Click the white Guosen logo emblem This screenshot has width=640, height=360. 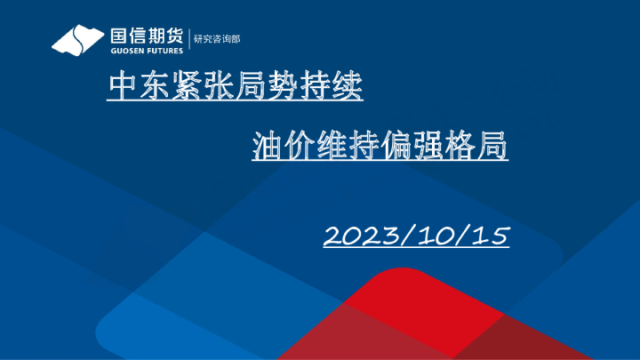(78, 40)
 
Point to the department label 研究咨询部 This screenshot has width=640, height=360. (217, 39)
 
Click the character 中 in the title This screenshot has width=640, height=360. (121, 86)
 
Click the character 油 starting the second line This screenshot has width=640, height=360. (268, 146)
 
